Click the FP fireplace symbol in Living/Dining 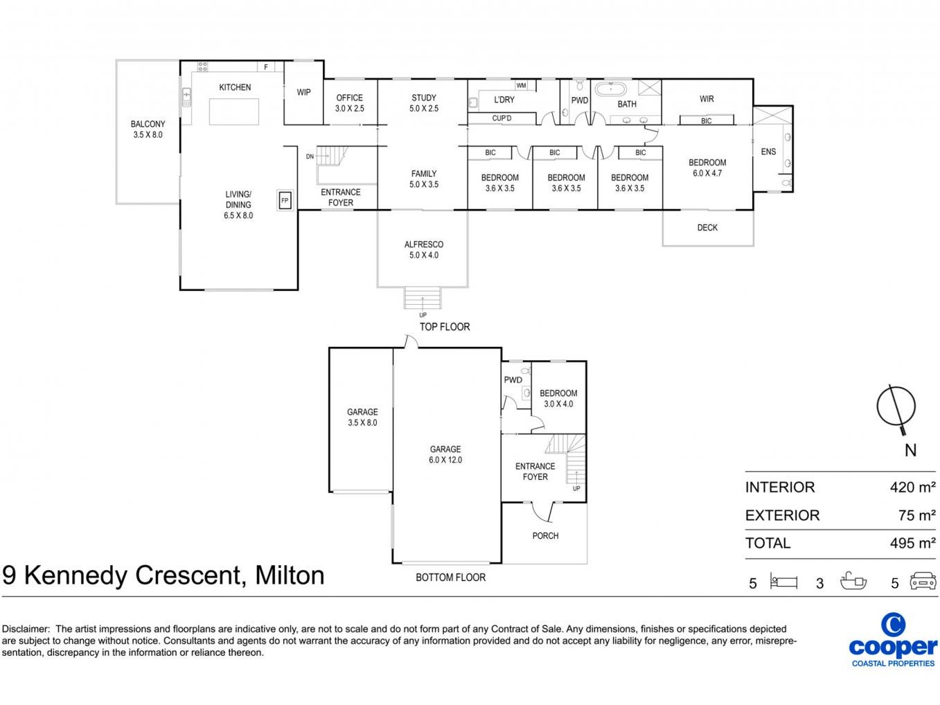click(x=285, y=200)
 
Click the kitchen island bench click(x=234, y=111)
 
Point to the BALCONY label click(x=148, y=124)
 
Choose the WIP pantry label click(x=303, y=93)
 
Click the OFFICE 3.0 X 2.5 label click(x=349, y=103)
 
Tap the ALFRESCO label click(x=423, y=244)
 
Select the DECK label click(x=707, y=228)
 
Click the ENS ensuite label click(x=768, y=152)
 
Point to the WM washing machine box click(x=521, y=86)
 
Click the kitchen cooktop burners click(x=202, y=66)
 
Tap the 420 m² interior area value click(x=912, y=487)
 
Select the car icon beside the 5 click(x=923, y=580)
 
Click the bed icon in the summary click(x=783, y=581)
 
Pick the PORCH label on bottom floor click(x=545, y=536)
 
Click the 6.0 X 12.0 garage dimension click(x=445, y=460)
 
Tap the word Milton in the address click(x=290, y=575)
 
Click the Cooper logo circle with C click(x=894, y=625)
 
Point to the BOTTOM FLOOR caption click(x=450, y=578)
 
